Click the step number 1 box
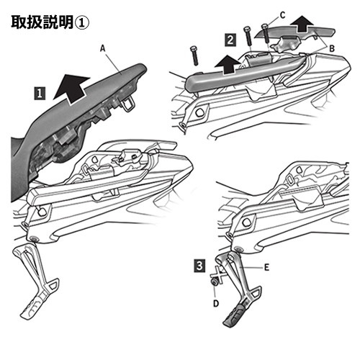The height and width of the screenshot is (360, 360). (40, 93)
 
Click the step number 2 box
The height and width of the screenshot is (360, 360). (230, 40)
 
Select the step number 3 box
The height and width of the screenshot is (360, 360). (199, 266)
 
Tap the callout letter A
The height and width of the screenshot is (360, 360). (103, 48)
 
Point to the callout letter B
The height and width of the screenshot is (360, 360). (332, 49)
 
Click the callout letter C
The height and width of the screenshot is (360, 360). (283, 15)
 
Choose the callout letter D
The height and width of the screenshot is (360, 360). (216, 303)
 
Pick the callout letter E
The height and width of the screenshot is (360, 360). (266, 267)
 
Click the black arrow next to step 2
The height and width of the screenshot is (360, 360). (228, 64)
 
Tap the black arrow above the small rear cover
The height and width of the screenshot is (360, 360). (302, 24)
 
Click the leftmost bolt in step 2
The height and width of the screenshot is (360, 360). (194, 55)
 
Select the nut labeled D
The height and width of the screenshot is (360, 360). (213, 282)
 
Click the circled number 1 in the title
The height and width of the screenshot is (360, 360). (82, 23)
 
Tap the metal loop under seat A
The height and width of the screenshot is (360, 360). (127, 105)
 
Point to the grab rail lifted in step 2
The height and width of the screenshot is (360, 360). (243, 73)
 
